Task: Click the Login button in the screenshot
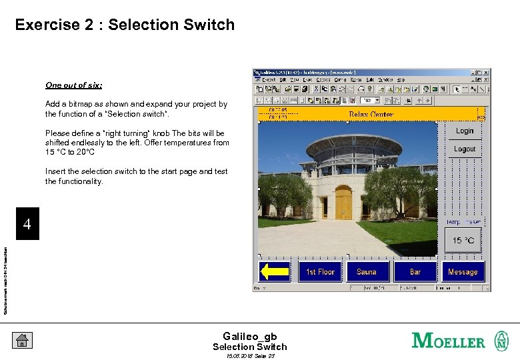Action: click(x=465, y=131)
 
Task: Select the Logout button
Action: click(x=465, y=149)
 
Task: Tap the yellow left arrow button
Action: click(x=275, y=271)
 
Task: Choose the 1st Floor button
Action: click(x=320, y=271)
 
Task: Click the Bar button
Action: click(x=415, y=271)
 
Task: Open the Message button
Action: click(x=463, y=271)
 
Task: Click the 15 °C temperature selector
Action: click(x=463, y=241)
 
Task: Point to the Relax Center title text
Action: click(x=371, y=115)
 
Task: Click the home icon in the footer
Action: click(x=21, y=341)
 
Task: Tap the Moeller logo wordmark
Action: click(x=449, y=341)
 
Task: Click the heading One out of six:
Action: click(x=74, y=85)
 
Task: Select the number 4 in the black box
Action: click(x=27, y=225)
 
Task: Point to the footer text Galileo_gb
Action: click(x=249, y=337)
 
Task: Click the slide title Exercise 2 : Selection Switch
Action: click(x=125, y=25)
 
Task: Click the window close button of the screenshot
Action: click(x=487, y=72)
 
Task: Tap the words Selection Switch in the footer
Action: click(x=249, y=347)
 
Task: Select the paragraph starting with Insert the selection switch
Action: click(x=136, y=176)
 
